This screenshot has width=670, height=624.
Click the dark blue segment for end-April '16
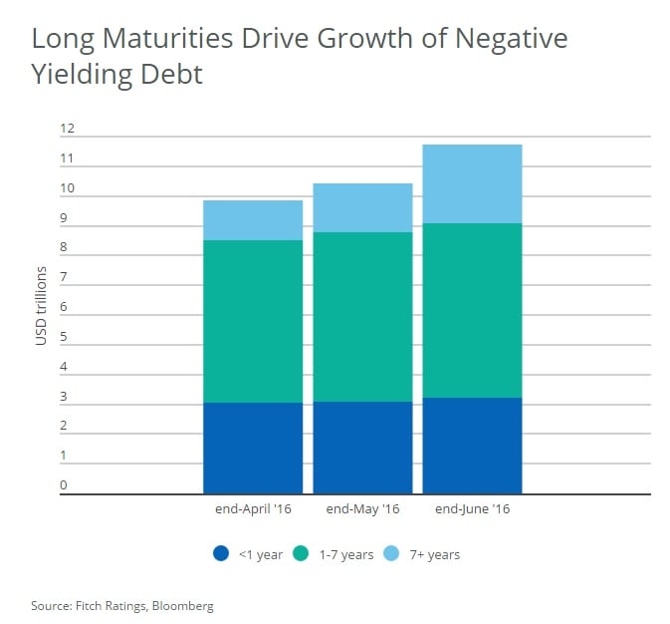253,449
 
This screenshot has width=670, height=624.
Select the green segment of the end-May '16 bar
362,317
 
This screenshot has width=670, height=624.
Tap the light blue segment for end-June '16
472,183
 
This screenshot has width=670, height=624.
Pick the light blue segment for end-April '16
253,220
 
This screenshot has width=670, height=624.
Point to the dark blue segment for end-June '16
472,446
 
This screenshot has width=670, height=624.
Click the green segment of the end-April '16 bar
253,321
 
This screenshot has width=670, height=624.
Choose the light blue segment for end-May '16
362,207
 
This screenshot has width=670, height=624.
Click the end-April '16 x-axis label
252,509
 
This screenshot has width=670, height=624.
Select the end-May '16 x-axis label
362,509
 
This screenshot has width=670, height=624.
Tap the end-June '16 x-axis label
472,509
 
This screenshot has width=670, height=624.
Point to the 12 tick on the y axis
68,129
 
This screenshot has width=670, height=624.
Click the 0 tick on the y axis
63,485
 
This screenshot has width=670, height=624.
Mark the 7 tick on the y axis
63,277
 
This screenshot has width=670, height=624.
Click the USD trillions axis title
41,306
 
